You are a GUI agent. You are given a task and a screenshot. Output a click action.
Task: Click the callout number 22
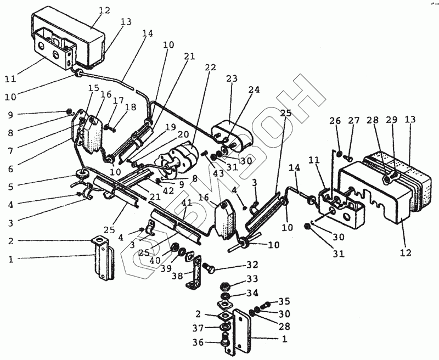tap(210, 67)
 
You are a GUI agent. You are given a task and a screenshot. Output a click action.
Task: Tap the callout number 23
tap(232, 78)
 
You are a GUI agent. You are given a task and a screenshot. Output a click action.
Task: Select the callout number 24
tap(254, 90)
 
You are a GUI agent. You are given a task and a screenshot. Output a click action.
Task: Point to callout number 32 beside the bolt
tap(252, 265)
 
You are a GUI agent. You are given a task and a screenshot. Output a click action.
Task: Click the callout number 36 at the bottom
tap(198, 342)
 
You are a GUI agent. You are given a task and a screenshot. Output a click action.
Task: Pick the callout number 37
tap(198, 328)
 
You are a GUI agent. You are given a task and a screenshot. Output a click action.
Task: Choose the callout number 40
tap(155, 261)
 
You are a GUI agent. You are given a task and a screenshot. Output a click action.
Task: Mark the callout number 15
tap(93, 88)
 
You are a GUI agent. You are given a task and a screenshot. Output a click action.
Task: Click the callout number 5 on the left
tap(10, 187)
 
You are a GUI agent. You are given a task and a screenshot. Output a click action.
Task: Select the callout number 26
tap(335, 121)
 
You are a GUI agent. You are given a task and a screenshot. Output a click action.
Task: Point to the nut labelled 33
tap(224, 286)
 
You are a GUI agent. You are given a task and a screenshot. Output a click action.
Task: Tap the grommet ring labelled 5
tap(83, 174)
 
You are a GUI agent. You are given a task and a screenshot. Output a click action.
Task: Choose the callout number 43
tap(218, 173)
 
